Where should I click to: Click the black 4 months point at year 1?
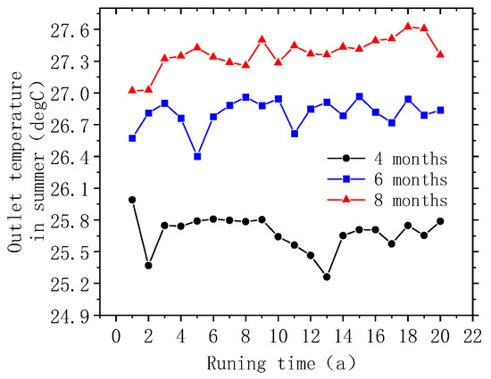tap(132, 200)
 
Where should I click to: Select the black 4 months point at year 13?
tap(327, 276)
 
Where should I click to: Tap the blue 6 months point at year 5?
tap(197, 156)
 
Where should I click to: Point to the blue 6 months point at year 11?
tap(295, 134)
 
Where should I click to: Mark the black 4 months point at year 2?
tap(148, 265)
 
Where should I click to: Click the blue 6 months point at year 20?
tap(441, 110)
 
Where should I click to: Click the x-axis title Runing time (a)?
tap(290, 362)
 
